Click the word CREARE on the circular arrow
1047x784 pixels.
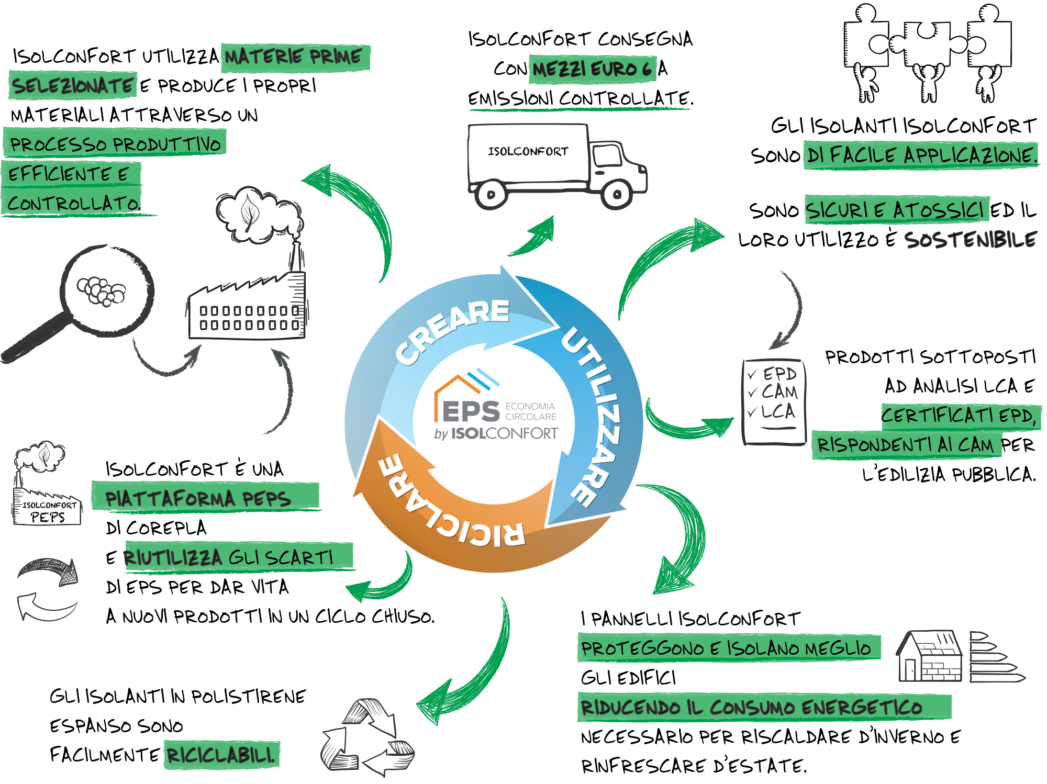[x=452, y=330]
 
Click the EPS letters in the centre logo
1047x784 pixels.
[x=471, y=411]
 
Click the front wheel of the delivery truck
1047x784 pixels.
[x=617, y=194]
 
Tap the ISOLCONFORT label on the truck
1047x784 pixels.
[x=528, y=152]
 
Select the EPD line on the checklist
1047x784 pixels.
[x=779, y=374]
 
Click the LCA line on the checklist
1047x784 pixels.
[x=778, y=411]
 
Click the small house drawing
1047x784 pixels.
[x=930, y=656]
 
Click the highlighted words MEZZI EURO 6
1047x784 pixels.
[x=592, y=69]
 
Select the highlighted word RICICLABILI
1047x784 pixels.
[x=221, y=755]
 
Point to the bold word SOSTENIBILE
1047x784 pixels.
[x=970, y=240]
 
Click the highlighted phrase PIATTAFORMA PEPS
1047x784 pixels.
[x=198, y=498]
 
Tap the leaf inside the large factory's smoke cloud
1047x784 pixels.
[x=250, y=212]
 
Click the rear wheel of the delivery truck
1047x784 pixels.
[x=491, y=195]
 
